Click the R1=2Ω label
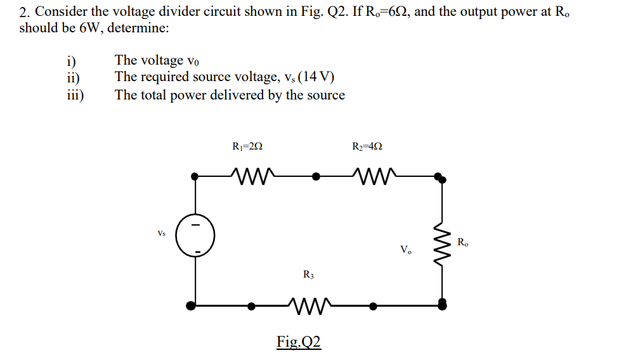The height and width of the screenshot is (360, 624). coord(248,146)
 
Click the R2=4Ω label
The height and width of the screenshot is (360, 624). coord(367,146)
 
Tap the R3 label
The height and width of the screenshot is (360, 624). coord(308,275)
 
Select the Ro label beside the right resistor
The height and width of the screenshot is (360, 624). coord(463,241)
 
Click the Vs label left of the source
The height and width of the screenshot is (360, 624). coord(162,233)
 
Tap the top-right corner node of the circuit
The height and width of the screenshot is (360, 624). coord(438,177)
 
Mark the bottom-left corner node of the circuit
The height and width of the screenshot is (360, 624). coord(192,305)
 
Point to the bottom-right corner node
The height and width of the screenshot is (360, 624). coord(441,305)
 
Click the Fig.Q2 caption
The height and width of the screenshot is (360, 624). coord(299,342)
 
